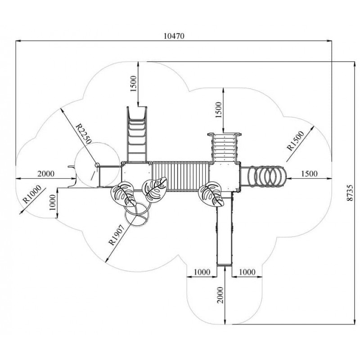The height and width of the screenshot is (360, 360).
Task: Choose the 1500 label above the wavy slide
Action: point(134,83)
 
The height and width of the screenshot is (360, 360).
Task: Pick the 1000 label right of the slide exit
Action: point(247,271)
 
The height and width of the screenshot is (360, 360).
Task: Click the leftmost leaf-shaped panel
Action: point(122,193)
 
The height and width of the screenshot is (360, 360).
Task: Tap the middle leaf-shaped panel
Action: point(154,188)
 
